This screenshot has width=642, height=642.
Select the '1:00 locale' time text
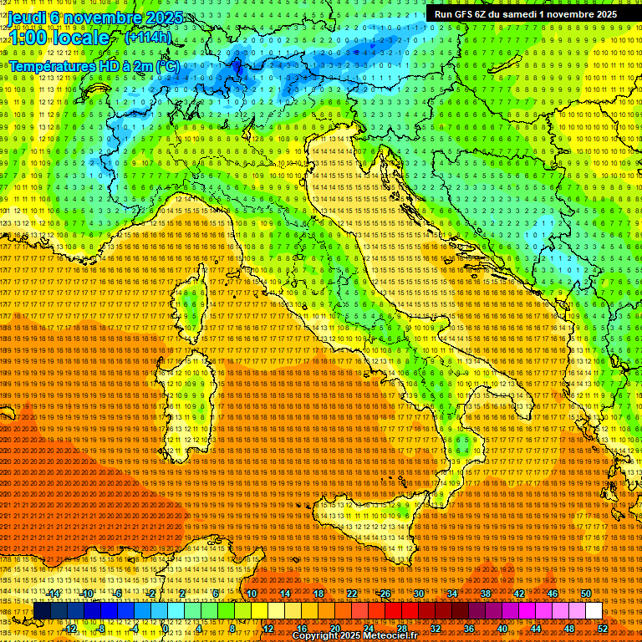pyautogui.click(x=59, y=38)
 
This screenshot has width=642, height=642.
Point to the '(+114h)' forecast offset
pyautogui.click(x=148, y=38)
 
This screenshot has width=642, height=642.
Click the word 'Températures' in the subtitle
pyautogui.click(x=52, y=66)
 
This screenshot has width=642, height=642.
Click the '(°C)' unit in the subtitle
pyautogui.click(x=167, y=66)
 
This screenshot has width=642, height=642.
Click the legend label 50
pyautogui.click(x=586, y=594)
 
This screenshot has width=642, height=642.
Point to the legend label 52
pyautogui.click(x=603, y=629)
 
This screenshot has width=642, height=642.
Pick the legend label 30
pyautogui.click(x=418, y=594)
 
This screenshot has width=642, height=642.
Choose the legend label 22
pyautogui.click(x=351, y=594)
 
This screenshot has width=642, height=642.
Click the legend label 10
pyautogui.click(x=251, y=594)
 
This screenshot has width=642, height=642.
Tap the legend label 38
pyautogui.click(x=486, y=594)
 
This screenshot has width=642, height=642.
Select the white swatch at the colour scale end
pyautogui.click(x=594, y=611)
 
